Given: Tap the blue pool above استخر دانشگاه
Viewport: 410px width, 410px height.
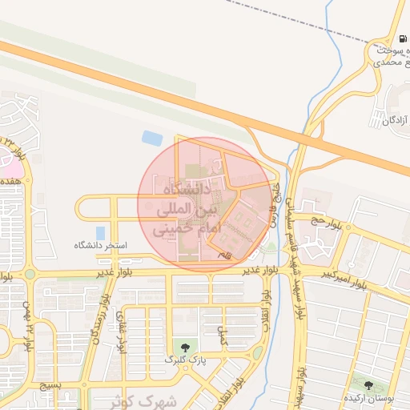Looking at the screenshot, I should coord(101,232).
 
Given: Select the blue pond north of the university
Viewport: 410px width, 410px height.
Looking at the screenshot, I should coord(152,138).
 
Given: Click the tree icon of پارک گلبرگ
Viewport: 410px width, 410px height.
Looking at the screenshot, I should coord(186,348).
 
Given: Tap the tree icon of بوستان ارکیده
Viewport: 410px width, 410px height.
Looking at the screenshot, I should coord(369,386).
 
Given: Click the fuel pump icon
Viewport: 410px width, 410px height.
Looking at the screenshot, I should coord(401,38).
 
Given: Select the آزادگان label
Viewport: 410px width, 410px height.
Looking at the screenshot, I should coord(395,120).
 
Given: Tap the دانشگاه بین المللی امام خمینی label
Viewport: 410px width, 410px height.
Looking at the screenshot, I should coord(185,210).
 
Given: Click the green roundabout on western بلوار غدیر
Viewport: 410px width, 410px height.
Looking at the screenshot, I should coord(30,274).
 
